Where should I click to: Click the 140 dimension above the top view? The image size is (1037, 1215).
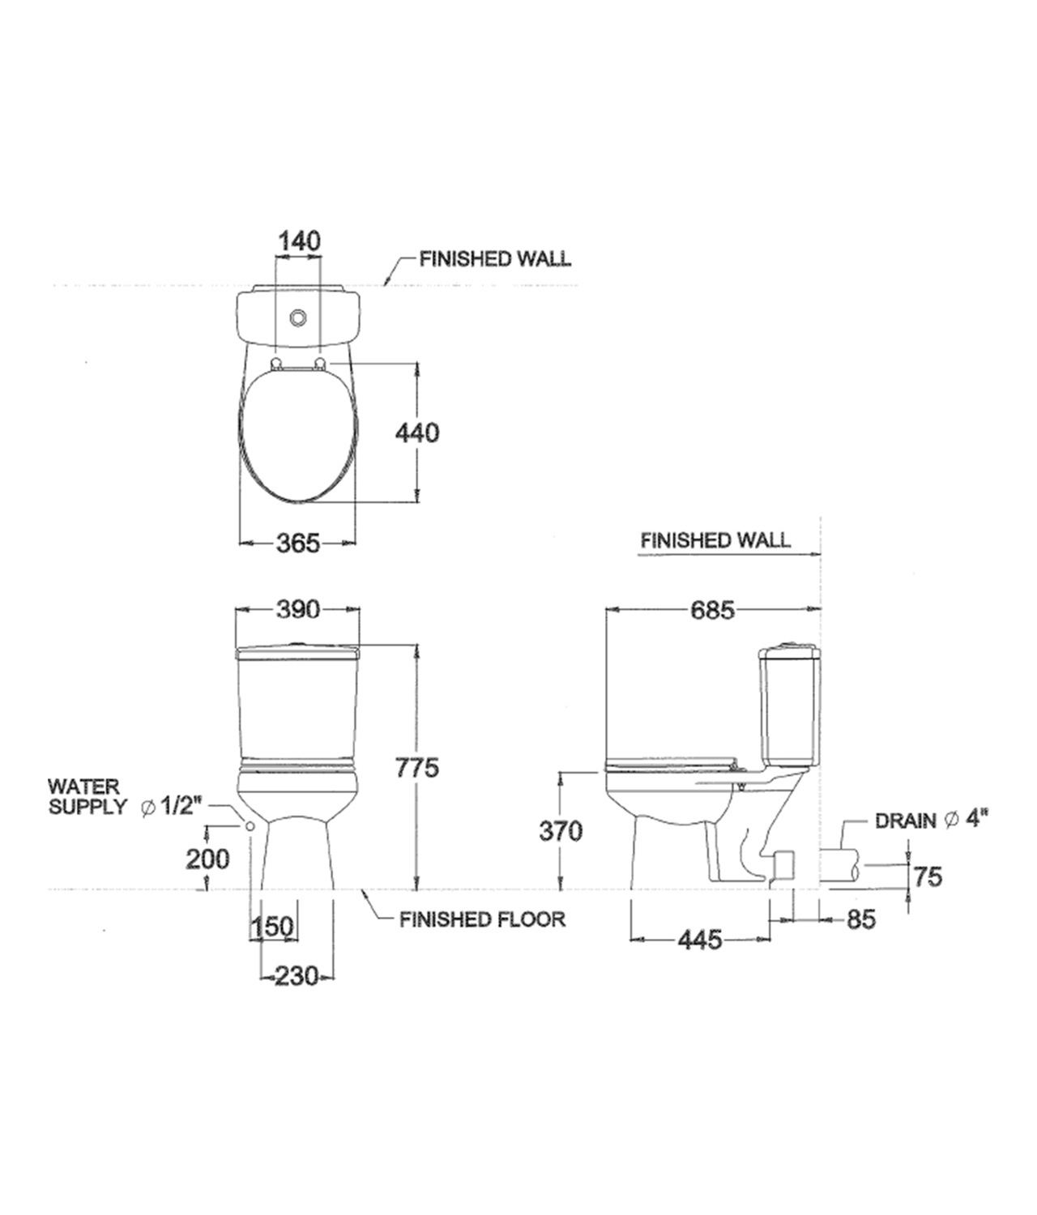point(299,241)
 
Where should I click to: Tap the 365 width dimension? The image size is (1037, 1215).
point(299,544)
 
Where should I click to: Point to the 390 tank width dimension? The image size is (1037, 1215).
point(297,609)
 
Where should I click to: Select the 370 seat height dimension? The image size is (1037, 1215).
point(561,831)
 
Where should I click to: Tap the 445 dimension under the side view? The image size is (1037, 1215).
point(699,940)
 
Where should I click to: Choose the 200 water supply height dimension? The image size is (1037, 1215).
point(208,859)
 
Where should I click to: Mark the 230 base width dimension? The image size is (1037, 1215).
point(296,977)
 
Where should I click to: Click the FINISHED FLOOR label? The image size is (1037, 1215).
point(482,919)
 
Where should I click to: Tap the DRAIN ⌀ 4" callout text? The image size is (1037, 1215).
point(932,821)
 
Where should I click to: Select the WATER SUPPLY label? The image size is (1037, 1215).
point(87,796)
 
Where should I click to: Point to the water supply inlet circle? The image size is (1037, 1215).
point(250,826)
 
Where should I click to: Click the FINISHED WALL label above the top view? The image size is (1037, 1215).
point(494,259)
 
